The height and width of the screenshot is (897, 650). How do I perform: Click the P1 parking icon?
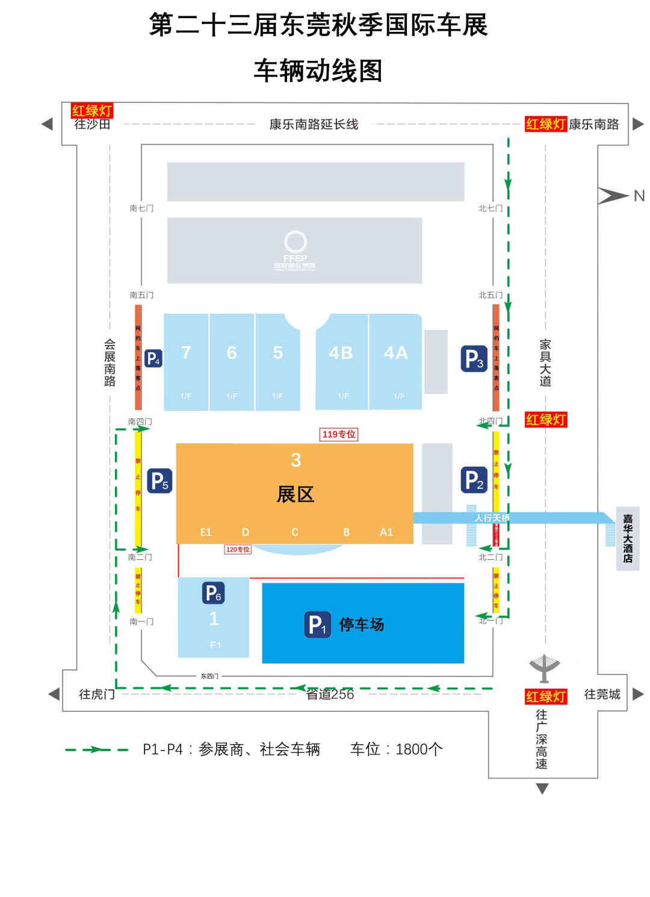[317, 624]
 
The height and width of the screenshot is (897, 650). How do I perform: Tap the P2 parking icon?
[474, 480]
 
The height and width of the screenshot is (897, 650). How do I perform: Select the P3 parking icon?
[474, 359]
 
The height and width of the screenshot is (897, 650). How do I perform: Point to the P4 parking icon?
[153, 359]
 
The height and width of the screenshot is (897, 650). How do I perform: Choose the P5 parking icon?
[159, 480]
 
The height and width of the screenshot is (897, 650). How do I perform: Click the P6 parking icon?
[213, 593]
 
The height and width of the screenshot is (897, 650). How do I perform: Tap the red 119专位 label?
[339, 434]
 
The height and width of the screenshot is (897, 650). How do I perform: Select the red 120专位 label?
[238, 550]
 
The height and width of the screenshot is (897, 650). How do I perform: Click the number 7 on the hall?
[186, 352]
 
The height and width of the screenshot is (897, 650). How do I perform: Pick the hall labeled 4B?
[341, 353]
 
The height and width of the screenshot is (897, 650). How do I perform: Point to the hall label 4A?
[396, 353]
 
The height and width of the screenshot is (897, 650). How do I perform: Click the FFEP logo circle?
[296, 241]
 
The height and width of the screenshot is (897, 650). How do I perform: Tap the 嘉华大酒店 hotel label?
[628, 538]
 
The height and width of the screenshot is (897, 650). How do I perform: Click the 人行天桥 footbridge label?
[492, 518]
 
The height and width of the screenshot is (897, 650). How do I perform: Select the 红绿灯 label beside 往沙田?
[92, 110]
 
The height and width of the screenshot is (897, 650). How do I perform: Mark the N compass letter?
[639, 196]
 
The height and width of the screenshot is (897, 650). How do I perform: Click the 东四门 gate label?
[209, 676]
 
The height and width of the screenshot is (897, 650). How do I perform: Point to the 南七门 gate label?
[141, 208]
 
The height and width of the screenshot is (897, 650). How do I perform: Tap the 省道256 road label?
[330, 694]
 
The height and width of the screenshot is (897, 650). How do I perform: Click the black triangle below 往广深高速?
[542, 789]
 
